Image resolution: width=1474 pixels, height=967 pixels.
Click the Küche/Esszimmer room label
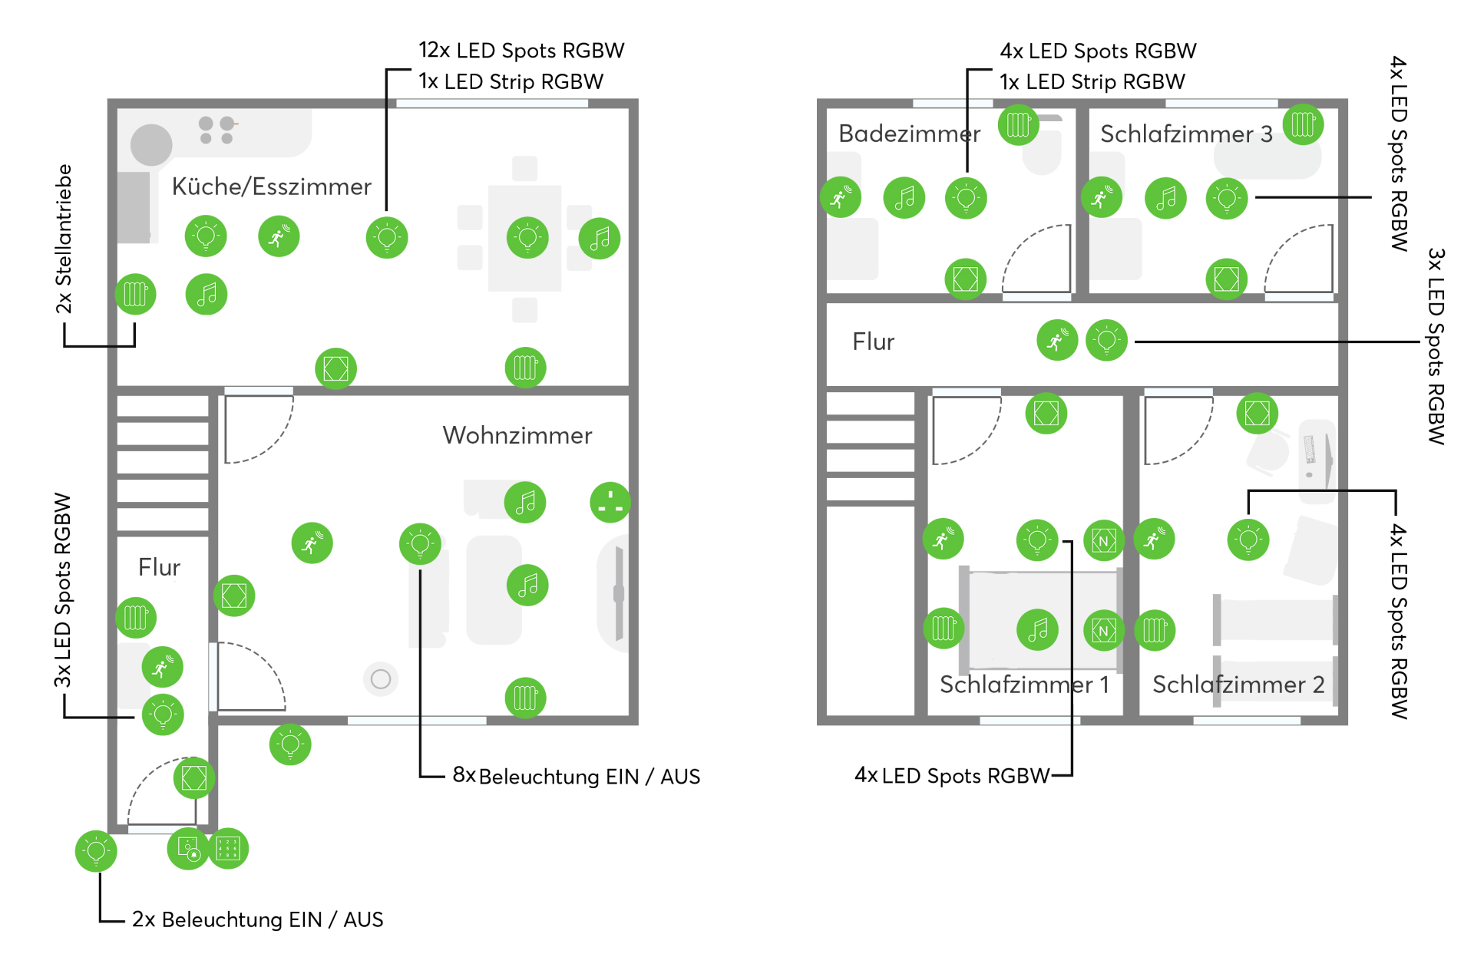(x=271, y=186)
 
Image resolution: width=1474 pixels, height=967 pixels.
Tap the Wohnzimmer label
(x=517, y=435)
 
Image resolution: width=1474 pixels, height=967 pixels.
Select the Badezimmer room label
(x=909, y=134)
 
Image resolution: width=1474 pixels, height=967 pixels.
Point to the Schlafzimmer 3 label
(x=1186, y=134)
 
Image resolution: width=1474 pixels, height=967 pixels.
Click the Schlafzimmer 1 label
(x=1024, y=684)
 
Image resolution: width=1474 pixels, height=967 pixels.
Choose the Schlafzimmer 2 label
(x=1238, y=684)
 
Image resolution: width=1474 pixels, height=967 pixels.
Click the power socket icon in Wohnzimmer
(x=610, y=503)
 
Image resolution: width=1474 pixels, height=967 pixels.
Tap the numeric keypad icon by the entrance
(x=228, y=849)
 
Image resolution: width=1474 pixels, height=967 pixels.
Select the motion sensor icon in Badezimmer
(x=841, y=197)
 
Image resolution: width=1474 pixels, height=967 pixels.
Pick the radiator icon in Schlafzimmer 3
(x=1303, y=124)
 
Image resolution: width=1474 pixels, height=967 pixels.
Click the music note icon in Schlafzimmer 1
(x=1037, y=630)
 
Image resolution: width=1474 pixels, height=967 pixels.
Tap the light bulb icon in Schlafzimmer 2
(x=1248, y=540)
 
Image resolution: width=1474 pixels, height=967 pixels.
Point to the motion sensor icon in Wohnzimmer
(x=312, y=543)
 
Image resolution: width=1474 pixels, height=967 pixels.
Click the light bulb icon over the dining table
(x=527, y=238)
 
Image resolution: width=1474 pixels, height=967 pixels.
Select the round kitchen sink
(x=151, y=144)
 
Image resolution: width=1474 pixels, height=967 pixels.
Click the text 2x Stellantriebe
(x=64, y=239)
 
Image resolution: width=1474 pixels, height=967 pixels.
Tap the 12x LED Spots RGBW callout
(x=521, y=51)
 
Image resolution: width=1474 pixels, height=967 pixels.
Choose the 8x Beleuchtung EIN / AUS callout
(x=576, y=776)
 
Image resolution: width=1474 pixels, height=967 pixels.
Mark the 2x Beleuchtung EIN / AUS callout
(x=257, y=919)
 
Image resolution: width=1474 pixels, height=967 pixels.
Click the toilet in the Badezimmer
(x=1042, y=153)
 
